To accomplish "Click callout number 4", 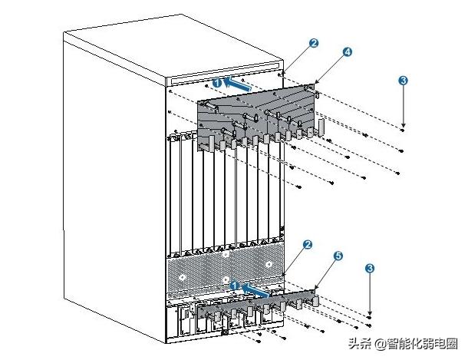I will (x=347, y=51).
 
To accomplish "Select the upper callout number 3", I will (x=404, y=80).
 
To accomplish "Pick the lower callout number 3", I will (x=371, y=268).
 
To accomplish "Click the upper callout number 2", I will (x=314, y=44).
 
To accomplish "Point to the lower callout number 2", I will (x=307, y=245).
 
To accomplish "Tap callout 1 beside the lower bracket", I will (x=235, y=285).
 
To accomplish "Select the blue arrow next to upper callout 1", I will (x=239, y=87).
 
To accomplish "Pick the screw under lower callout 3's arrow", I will (x=371, y=315).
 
